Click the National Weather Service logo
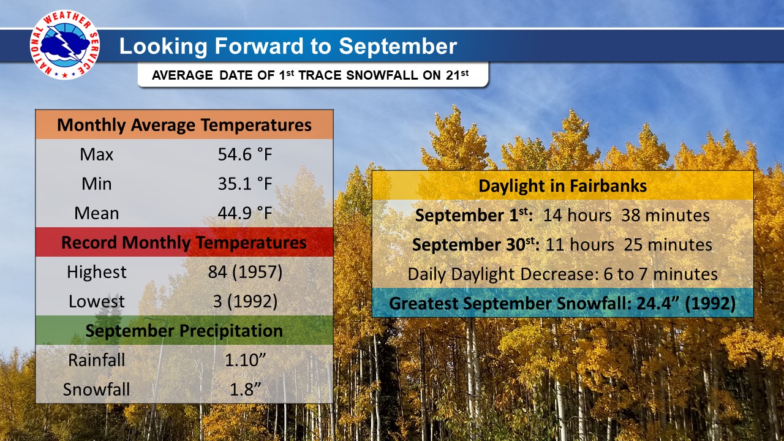[65, 45]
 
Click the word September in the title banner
[398, 47]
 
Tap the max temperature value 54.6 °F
[245, 154]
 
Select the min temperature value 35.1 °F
[245, 184]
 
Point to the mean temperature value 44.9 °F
[245, 213]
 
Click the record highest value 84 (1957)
[245, 272]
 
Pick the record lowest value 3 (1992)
[245, 301]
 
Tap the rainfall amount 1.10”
[245, 360]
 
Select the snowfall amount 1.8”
[245, 389]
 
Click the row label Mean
[97, 213]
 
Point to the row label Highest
[97, 273]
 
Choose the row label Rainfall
[97, 360]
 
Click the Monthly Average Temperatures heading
[184, 125]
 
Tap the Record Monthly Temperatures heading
[184, 243]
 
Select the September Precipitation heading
[184, 331]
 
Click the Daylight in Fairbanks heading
[562, 186]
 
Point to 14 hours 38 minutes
[626, 215]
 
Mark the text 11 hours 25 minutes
[628, 244]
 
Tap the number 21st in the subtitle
[457, 75]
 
